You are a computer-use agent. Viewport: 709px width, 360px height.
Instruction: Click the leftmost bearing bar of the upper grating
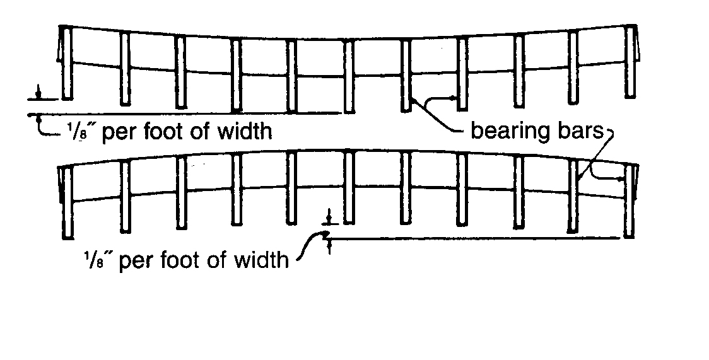67,63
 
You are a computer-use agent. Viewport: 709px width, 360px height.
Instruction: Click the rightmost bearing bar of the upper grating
629,61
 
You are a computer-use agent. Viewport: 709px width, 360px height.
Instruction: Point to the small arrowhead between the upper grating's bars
453,98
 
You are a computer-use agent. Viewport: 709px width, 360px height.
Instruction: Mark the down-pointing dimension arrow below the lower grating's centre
328,220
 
